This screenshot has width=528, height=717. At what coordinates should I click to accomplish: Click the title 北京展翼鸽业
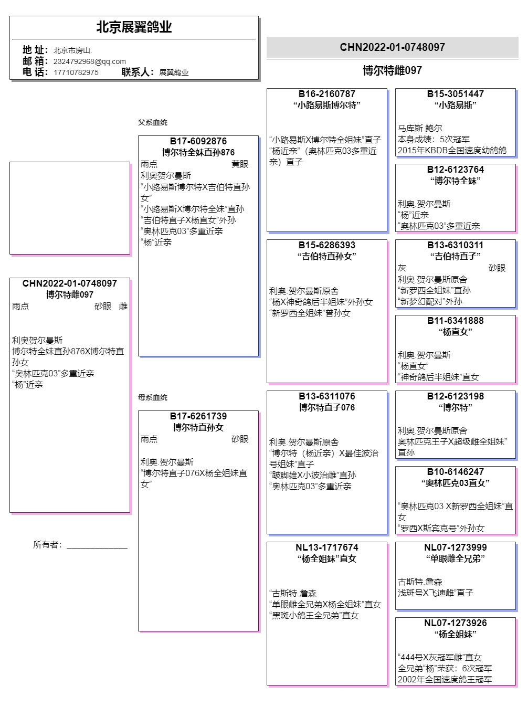pos(134,27)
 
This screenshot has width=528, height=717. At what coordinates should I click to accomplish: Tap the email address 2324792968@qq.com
pos(89,61)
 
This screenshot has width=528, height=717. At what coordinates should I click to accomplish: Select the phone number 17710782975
pos(76,72)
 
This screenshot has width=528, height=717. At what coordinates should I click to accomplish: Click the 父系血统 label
pos(152,122)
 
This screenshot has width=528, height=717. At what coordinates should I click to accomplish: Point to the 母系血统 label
pos(152,397)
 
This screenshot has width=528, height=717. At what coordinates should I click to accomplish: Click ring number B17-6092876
pos(198,141)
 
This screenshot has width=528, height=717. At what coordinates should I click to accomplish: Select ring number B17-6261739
pos(198,416)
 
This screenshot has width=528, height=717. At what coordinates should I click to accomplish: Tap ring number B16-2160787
pos(326,94)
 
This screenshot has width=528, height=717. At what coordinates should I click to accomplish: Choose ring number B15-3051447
pos(455,94)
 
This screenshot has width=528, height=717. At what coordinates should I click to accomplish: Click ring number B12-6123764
pos(455,170)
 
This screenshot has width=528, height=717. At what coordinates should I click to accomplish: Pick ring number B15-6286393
pos(326,245)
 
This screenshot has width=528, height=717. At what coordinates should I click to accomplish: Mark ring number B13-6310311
pos(455,245)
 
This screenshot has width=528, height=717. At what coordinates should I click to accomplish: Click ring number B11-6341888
pos(455,321)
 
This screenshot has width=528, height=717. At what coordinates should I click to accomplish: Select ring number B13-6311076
pos(326,396)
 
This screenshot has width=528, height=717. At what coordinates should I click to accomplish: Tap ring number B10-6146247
pos(455,472)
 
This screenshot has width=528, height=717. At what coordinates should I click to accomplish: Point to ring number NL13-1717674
pos(326,547)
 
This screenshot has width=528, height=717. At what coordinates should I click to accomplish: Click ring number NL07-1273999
pos(455,547)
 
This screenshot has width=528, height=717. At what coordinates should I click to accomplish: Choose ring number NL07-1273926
pos(455,623)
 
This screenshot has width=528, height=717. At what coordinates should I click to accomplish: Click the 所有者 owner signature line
pos(97,546)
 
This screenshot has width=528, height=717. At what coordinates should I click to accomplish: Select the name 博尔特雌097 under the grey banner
pos(392,70)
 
